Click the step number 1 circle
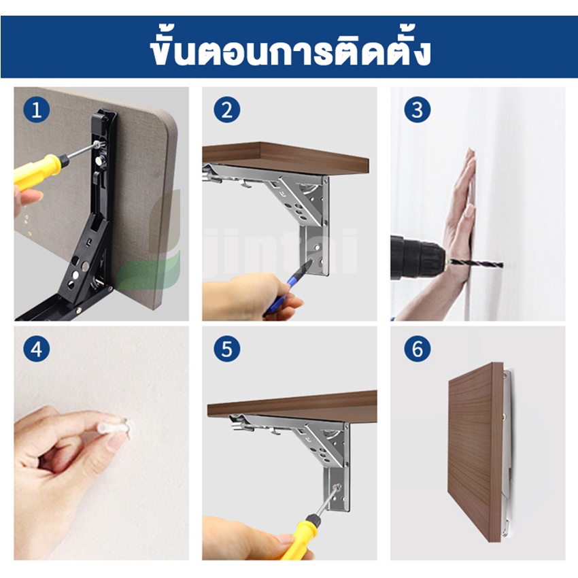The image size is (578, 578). tap(37, 109)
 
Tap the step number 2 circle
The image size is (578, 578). tap(226, 109)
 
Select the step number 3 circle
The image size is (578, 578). tap(418, 109)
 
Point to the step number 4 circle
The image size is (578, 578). tap(37, 349)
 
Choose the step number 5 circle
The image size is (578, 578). tap(226, 349)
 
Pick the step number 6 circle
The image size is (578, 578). tap(418, 349)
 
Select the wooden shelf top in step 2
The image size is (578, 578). tap(286, 158)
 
